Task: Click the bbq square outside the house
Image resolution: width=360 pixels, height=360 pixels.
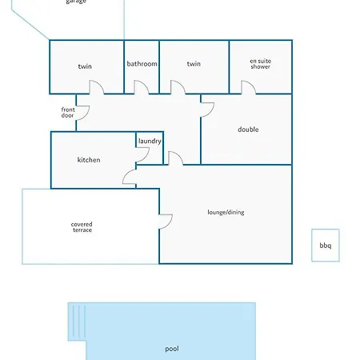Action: tap(326, 245)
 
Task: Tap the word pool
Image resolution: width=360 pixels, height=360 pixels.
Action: tap(172, 349)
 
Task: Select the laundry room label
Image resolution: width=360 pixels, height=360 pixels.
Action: tap(150, 141)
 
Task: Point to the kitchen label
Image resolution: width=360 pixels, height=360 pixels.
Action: tap(89, 160)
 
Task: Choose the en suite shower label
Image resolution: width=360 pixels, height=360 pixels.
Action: tap(261, 64)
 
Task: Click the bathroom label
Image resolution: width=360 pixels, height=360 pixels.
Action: tap(142, 64)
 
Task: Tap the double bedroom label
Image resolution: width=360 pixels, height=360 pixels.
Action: tap(248, 130)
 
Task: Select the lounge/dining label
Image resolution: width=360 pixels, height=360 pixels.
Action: tap(226, 212)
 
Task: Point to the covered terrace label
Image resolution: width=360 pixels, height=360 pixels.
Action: tap(82, 227)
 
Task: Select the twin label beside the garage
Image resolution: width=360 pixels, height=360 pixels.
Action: tap(85, 66)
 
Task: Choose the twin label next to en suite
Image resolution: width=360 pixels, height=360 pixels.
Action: tap(194, 64)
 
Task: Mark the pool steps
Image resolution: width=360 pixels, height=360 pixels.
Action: tap(77, 322)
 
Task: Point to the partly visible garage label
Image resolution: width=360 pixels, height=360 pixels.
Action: tap(76, 2)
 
